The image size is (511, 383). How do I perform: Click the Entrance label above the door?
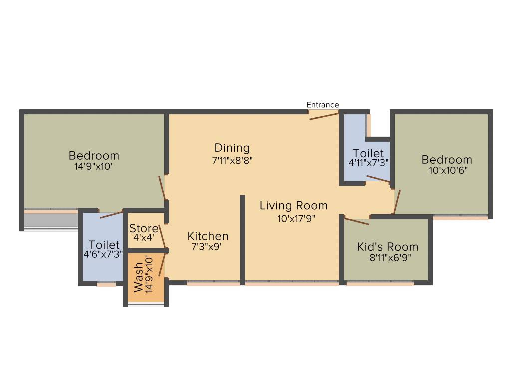click(x=322, y=105)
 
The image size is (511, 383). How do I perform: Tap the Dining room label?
click(x=232, y=148)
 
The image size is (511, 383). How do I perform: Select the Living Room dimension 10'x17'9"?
click(x=294, y=218)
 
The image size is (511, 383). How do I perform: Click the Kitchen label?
click(x=208, y=236)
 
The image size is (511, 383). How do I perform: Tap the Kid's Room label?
click(x=387, y=247)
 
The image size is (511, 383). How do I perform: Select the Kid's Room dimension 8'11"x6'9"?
click(x=387, y=258)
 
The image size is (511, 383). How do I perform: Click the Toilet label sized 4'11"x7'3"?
click(x=368, y=153)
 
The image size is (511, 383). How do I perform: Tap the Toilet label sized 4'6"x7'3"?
click(x=104, y=245)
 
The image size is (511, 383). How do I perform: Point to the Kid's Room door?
click(x=356, y=221)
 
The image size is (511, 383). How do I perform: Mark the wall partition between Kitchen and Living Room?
click(x=242, y=239)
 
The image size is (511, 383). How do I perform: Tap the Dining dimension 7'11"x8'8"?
click(x=232, y=161)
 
